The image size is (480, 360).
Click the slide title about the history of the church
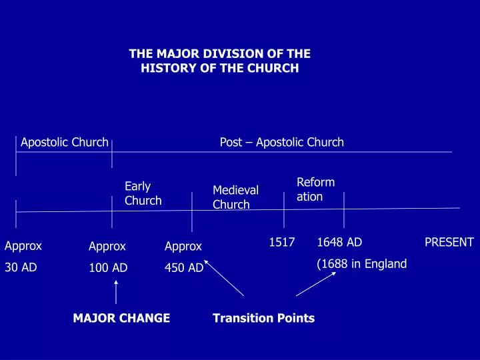pyautogui.click(x=220, y=61)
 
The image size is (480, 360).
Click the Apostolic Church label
pyautogui.click(x=65, y=142)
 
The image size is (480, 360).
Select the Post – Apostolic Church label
pyautogui.click(x=281, y=142)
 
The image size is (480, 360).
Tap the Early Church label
pyautogui.click(x=143, y=193)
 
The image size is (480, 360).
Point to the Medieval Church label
pyautogui.click(x=235, y=197)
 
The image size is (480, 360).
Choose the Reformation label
pyautogui.click(x=315, y=189)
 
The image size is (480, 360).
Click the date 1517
pyautogui.click(x=282, y=242)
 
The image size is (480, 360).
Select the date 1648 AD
pyautogui.click(x=339, y=242)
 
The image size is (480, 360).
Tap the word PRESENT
pyautogui.click(x=449, y=242)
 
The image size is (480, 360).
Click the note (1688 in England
pyautogui.click(x=361, y=263)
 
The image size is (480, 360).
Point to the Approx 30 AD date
pyautogui.click(x=23, y=256)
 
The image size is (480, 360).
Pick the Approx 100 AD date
pyautogui.click(x=107, y=257)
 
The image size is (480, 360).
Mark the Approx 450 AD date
pyautogui.click(x=183, y=257)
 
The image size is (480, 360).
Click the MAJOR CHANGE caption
pyautogui.click(x=121, y=318)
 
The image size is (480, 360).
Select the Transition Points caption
pyautogui.click(x=263, y=318)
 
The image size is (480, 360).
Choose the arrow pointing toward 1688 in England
pyautogui.click(x=316, y=283)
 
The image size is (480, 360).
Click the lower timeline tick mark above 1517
pyautogui.click(x=284, y=210)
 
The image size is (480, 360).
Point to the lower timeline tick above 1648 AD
pyautogui.click(x=343, y=209)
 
